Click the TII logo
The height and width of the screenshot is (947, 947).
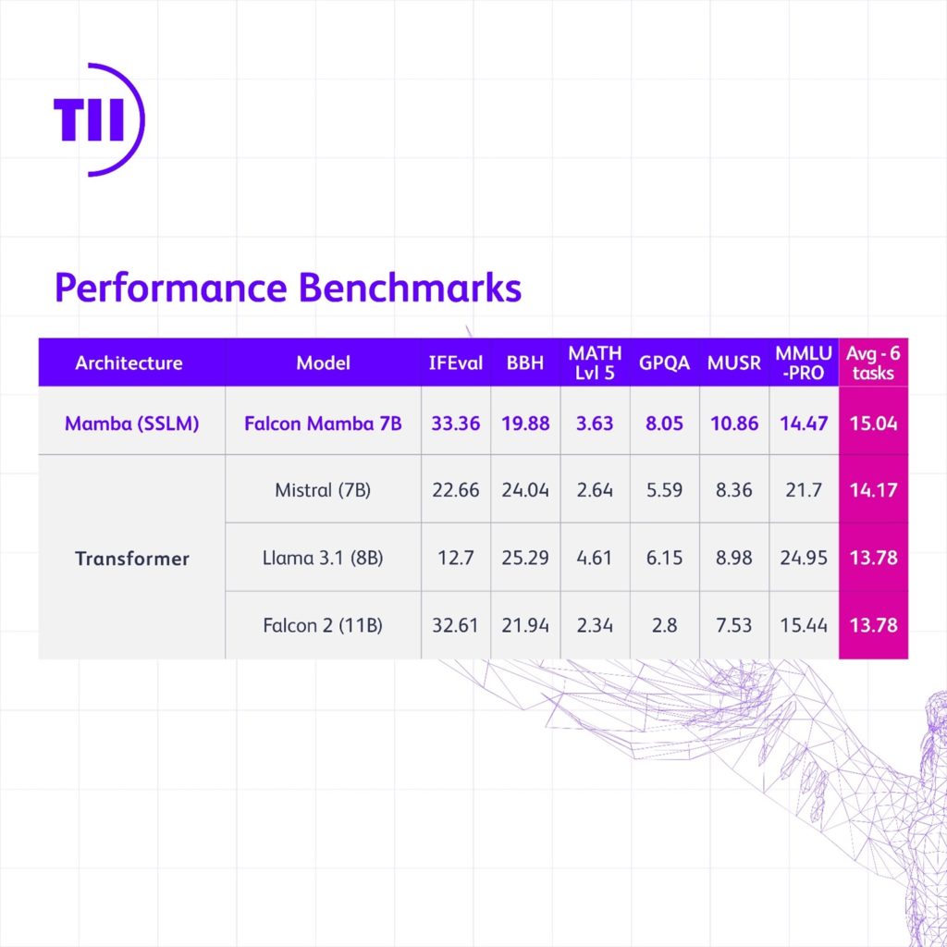[97, 120]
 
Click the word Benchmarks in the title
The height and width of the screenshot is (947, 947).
[410, 288]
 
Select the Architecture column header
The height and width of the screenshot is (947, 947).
[129, 363]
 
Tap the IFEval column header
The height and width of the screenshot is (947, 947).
[455, 363]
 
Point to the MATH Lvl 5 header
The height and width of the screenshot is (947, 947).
[595, 363]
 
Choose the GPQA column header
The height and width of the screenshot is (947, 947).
[664, 363]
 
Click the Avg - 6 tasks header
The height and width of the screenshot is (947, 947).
[872, 363]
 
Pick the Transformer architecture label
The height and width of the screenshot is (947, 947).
[132, 559]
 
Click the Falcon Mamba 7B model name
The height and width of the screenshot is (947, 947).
[323, 424]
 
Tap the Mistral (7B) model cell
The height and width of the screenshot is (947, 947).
[323, 490]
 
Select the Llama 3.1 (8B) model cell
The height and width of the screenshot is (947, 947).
[323, 558]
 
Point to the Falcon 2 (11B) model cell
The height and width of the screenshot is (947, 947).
[323, 625]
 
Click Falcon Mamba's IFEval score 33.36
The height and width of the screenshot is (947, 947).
[455, 424]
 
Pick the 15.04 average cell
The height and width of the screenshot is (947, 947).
[873, 424]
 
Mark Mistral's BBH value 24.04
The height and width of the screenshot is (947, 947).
[525, 490]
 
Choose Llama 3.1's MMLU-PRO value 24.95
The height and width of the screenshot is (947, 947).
[803, 558]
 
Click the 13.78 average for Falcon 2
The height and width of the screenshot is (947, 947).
[873, 625]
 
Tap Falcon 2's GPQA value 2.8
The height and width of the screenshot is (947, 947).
[664, 625]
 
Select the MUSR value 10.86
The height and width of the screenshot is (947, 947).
[733, 424]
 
